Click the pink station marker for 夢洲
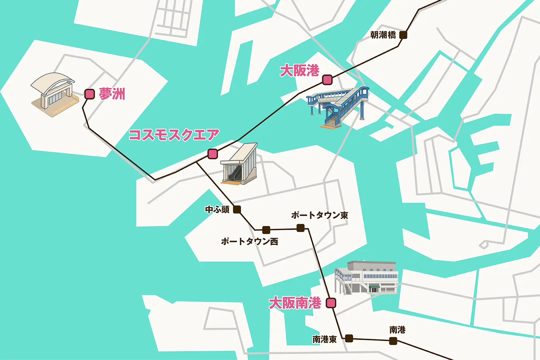89,94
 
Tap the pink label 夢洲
112,94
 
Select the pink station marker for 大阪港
327,80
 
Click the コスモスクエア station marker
213,154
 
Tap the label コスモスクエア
174,135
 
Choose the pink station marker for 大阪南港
331,303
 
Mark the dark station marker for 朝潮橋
403,35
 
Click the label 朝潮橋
383,35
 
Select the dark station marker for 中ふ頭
237,210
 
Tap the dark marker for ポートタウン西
266,230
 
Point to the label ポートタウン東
320,215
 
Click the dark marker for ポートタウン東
300,228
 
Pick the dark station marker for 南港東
349,339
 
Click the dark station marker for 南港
393,341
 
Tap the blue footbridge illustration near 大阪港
338,106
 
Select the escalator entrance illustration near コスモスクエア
239,164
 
